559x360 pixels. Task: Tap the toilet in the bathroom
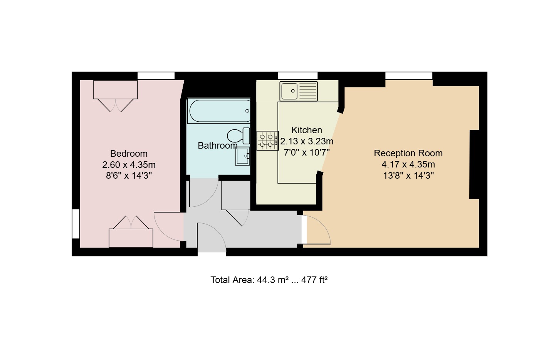tap(238, 136)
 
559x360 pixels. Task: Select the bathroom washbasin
tap(242, 156)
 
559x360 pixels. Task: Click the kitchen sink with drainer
tap(299, 91)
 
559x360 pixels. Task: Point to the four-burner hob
tap(267, 141)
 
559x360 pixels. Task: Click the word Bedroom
tap(129, 153)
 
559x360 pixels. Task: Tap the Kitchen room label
tap(307, 130)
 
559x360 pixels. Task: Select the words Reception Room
tap(408, 153)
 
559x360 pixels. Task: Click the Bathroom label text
tap(218, 146)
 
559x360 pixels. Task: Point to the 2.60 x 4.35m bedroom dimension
tap(129, 165)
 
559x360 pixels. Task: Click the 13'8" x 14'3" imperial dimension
tap(408, 176)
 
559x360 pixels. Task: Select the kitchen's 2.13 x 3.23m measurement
tap(307, 141)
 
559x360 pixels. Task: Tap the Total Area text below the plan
tap(269, 280)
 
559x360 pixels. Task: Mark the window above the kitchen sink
tap(297, 76)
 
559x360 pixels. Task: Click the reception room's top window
tap(409, 76)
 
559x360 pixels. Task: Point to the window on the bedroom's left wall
tap(76, 224)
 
